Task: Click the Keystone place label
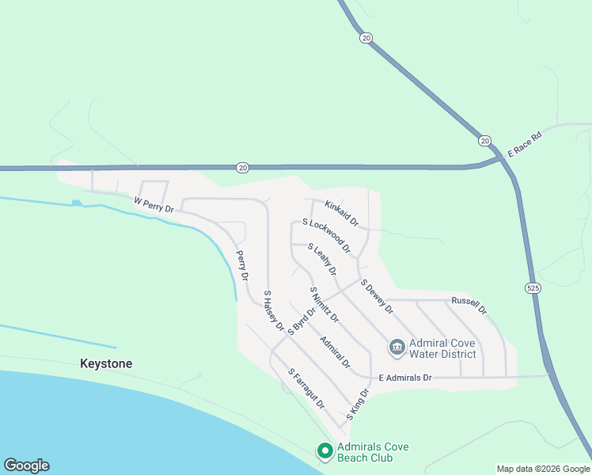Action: tap(106, 363)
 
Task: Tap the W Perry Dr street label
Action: tap(154, 206)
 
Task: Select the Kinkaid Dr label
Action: tap(341, 211)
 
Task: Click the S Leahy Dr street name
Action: tap(322, 260)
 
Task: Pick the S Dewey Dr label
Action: tap(377, 295)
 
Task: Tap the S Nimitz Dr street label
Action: tap(324, 305)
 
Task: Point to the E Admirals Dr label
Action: tap(405, 378)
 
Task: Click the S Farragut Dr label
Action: tap(306, 388)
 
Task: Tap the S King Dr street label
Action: tap(358, 404)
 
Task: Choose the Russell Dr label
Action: tap(469, 306)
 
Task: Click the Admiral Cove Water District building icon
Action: tap(396, 347)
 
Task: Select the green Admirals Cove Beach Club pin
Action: tap(324, 451)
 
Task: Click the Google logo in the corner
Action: tap(26, 465)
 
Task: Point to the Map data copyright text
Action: tap(542, 469)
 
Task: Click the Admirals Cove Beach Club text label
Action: tap(373, 452)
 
